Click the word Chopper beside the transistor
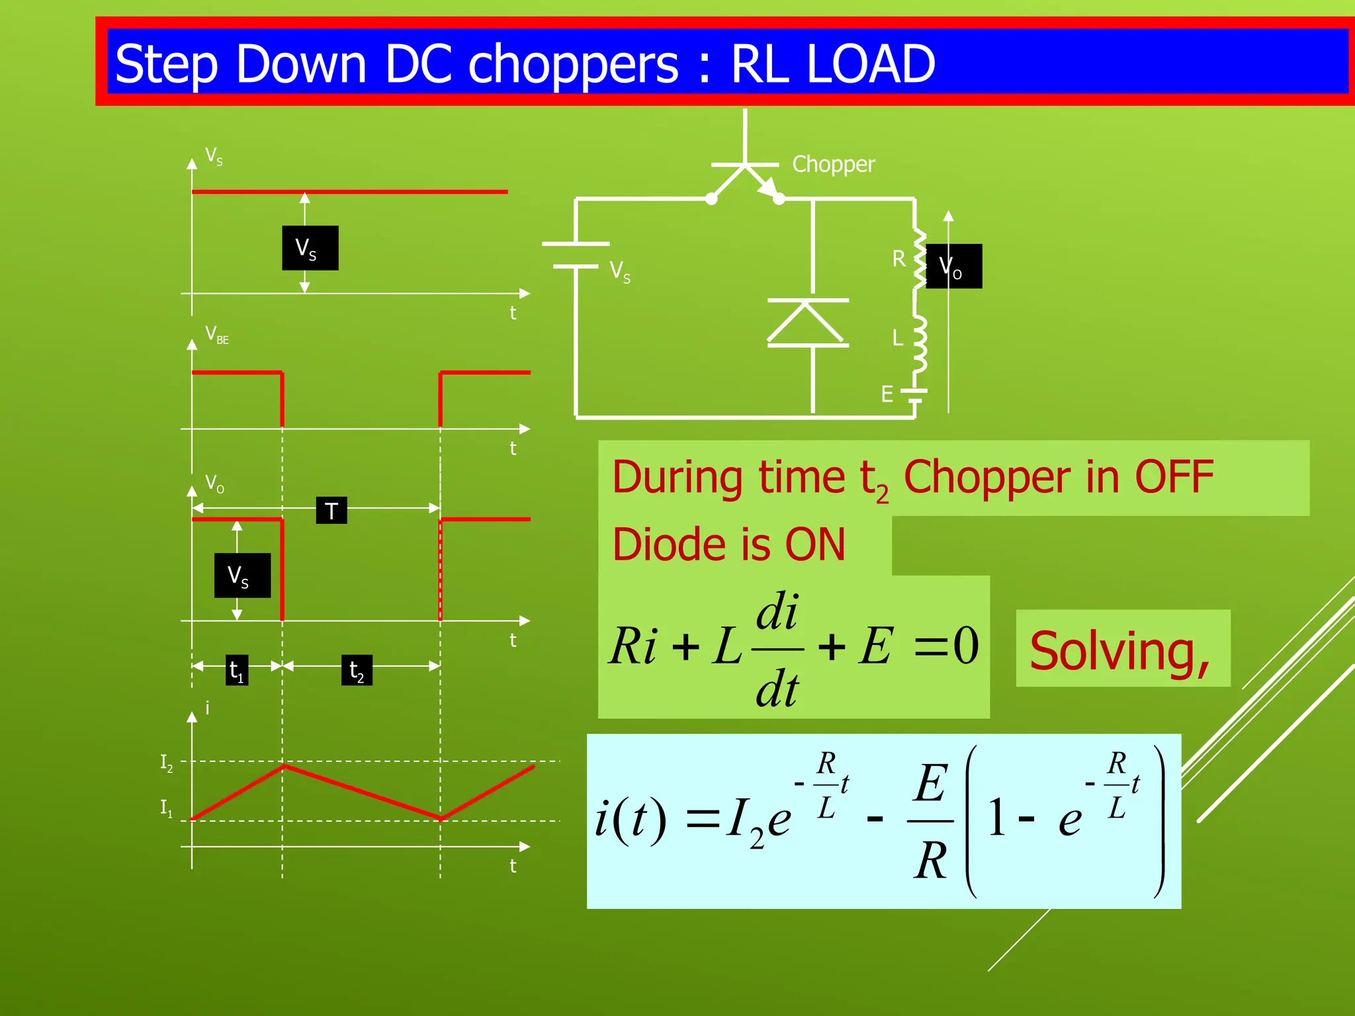pos(833,164)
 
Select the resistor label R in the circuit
pos(898,259)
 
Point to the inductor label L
pos(897,338)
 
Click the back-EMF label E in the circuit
pos(887,394)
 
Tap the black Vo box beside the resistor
pos(953,266)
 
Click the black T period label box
pos(331,510)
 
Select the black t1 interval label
pos(237,670)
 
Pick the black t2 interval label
pos(357,670)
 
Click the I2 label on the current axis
pos(166,763)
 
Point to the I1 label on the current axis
pos(166,808)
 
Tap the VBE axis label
pos(216,335)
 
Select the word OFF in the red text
pos(1174,477)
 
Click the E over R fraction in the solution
pos(931,821)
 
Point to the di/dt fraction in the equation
pos(777,650)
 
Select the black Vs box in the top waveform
pos(310,248)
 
